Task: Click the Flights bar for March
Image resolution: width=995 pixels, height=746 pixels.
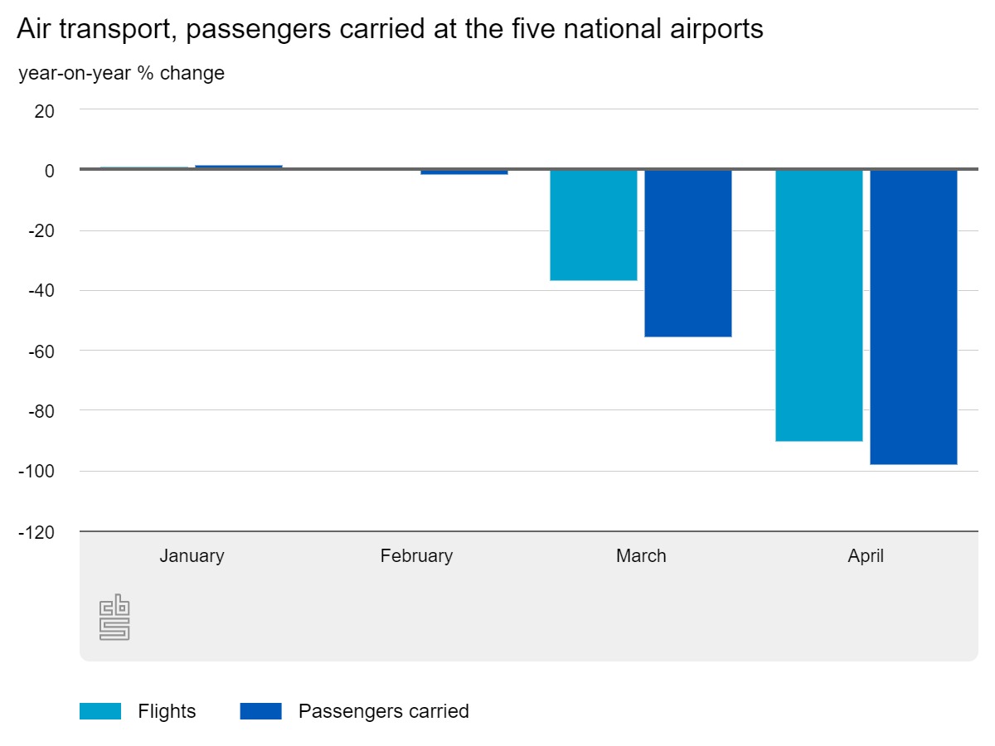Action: point(594,225)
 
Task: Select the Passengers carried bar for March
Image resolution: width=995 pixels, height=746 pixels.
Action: point(687,254)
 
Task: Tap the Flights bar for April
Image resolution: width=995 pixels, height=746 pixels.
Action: point(818,305)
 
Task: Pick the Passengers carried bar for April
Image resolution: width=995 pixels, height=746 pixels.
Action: point(913,317)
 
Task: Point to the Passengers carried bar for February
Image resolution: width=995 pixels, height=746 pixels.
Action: point(464,172)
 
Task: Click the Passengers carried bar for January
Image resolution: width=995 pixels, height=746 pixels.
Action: point(239,167)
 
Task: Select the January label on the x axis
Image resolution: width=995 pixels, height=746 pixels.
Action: point(192,555)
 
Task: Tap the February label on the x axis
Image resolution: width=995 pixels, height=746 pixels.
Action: point(416,555)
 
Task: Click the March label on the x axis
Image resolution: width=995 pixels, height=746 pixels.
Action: point(641,555)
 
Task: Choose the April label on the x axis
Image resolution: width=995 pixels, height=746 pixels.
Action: point(866,555)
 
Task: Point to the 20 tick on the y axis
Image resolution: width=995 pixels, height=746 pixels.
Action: point(44,110)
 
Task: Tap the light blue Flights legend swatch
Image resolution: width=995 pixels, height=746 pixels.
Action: point(100,711)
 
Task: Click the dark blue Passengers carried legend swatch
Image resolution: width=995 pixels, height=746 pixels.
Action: point(260,711)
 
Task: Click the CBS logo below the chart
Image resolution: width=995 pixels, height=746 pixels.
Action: point(114,618)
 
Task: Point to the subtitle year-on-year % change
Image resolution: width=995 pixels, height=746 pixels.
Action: point(121,73)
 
